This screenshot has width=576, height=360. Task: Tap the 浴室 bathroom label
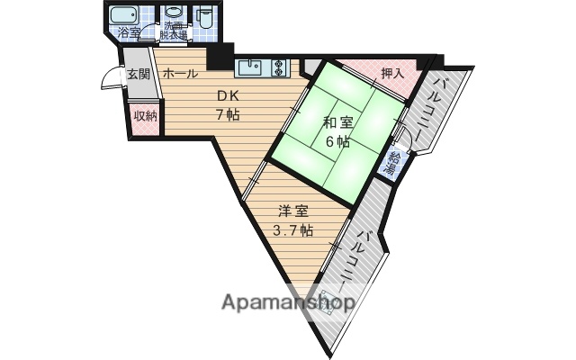130,33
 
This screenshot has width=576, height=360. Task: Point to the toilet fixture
205,16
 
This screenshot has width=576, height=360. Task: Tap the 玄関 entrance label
137,74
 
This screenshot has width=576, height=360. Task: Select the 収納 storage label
145,114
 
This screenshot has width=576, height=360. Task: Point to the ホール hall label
181,75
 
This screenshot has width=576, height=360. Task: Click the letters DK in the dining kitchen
226,95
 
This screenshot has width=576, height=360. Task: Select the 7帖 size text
226,113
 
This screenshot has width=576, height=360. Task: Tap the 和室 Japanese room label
337,121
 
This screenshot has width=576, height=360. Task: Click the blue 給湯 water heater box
392,162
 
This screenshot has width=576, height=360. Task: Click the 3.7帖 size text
292,230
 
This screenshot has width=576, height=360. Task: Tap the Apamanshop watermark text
288,303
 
